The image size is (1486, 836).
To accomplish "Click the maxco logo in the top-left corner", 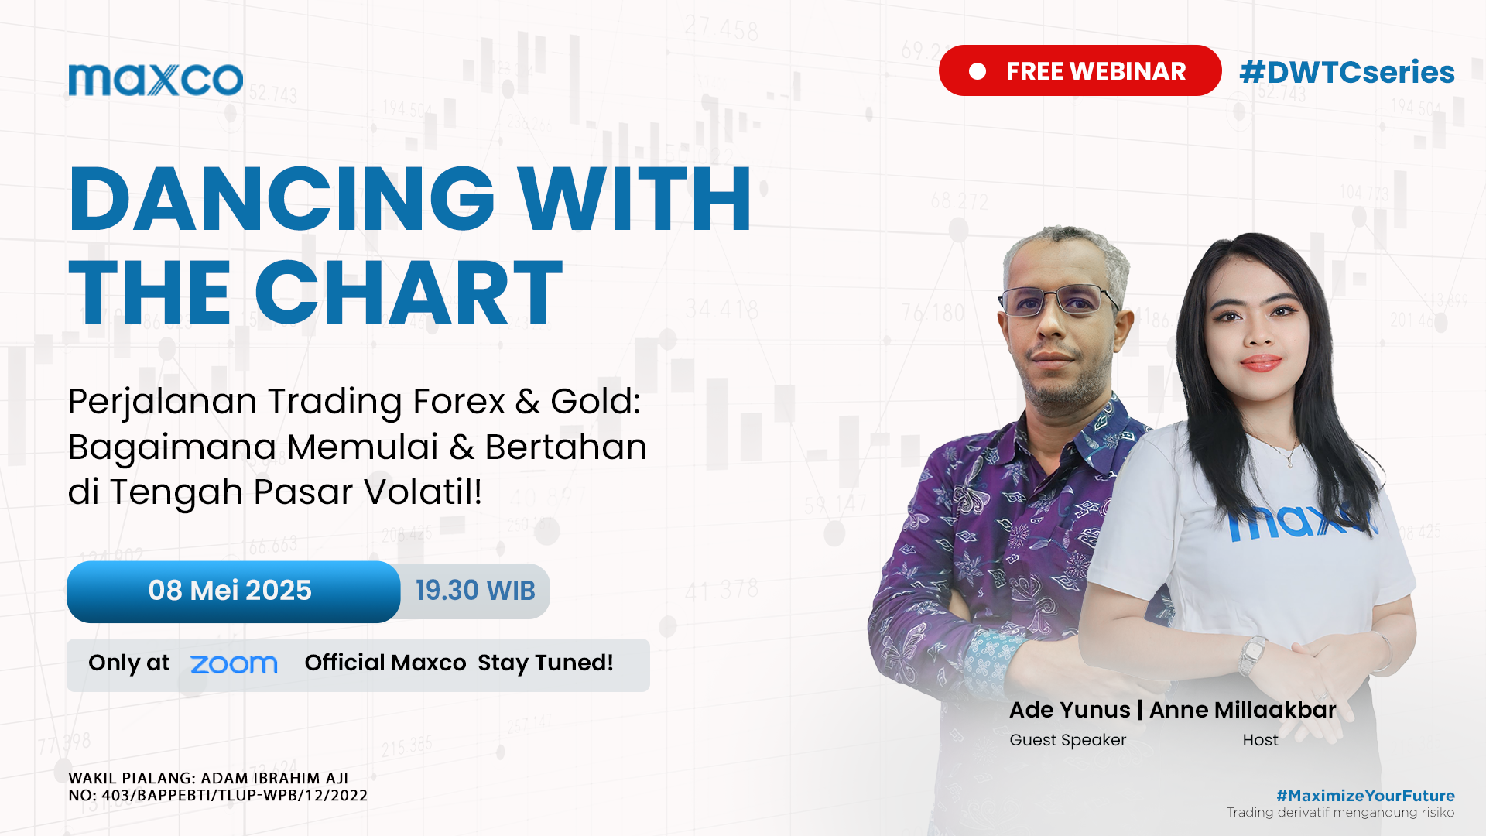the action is pos(156,80).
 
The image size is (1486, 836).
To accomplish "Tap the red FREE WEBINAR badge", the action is pos(1080,70).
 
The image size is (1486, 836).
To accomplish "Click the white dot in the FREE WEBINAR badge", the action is pos(978,71).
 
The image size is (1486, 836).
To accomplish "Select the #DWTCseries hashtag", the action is pos(1347,72).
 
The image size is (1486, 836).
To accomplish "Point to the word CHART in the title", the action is pos(409,292).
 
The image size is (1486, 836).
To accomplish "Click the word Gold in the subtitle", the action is pos(595,401).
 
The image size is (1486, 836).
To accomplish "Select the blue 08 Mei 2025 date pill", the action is pos(233,591).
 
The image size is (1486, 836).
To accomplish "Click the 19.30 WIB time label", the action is pos(475,591).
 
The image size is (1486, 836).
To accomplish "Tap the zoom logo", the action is pos(234,664).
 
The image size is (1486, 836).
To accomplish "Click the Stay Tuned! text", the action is pos(546,663).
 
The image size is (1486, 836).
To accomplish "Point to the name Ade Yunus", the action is pos(1070,710).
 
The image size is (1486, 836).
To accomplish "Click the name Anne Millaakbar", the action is pos(1243,710).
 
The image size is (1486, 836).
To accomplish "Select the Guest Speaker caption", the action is pos(1068,740).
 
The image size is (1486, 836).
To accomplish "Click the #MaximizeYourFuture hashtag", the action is pos(1365,796).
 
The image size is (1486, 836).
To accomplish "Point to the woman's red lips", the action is pos(1261,362).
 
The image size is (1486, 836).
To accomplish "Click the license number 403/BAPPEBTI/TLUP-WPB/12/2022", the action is pos(235,796).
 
